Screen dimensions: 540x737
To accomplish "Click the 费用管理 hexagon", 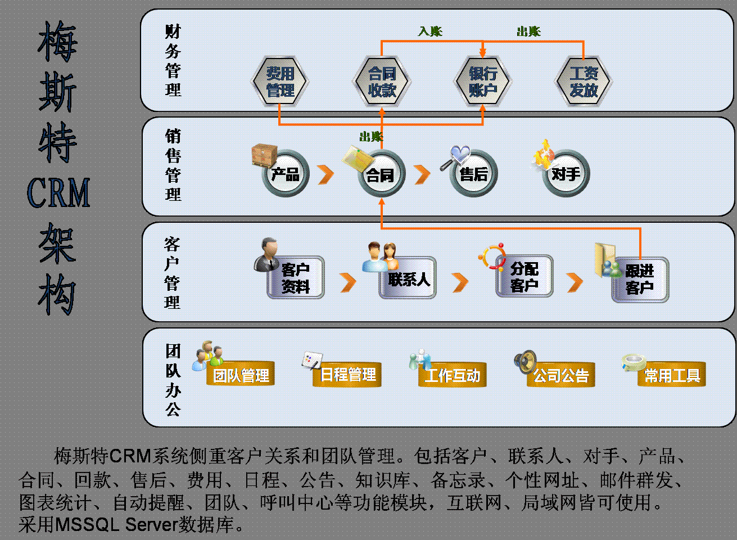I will pyautogui.click(x=280, y=82).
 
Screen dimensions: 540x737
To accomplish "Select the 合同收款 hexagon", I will pyautogui.click(x=382, y=82).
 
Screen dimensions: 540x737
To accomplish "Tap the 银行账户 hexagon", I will pyautogui.click(x=482, y=82).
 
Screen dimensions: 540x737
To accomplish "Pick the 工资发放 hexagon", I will pyautogui.click(x=584, y=82).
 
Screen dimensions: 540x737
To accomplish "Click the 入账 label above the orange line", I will pyautogui.click(x=430, y=31).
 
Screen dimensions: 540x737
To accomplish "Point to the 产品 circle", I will pyautogui.click(x=286, y=174).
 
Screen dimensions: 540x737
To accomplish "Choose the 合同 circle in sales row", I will pyautogui.click(x=381, y=175).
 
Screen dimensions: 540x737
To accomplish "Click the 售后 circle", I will pyautogui.click(x=473, y=174).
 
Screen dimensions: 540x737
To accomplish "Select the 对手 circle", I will pyautogui.click(x=566, y=174).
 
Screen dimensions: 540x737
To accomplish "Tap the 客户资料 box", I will pyautogui.click(x=295, y=278).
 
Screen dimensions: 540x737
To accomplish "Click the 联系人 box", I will pyautogui.click(x=408, y=278).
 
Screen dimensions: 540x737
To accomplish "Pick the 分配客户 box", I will pyautogui.click(x=524, y=277).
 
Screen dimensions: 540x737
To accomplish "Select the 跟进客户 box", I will pyautogui.click(x=640, y=280).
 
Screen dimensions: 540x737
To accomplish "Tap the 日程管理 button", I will pyautogui.click(x=347, y=375).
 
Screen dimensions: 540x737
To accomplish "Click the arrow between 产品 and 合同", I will pyautogui.click(x=325, y=174).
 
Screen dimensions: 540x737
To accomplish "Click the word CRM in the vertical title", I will pyautogui.click(x=58, y=193).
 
